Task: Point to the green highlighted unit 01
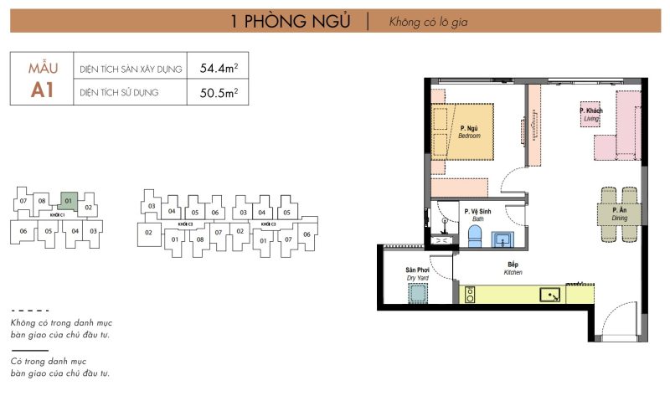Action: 69,201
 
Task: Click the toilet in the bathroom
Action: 475,235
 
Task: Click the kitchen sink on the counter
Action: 550,295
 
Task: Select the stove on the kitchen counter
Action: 471,295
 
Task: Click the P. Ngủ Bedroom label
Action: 469,131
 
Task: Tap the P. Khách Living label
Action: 591,116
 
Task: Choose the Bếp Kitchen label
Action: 513,269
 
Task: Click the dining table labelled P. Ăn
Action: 619,213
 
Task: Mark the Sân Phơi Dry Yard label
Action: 416,274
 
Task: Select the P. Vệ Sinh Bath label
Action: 479,215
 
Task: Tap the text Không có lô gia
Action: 428,22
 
